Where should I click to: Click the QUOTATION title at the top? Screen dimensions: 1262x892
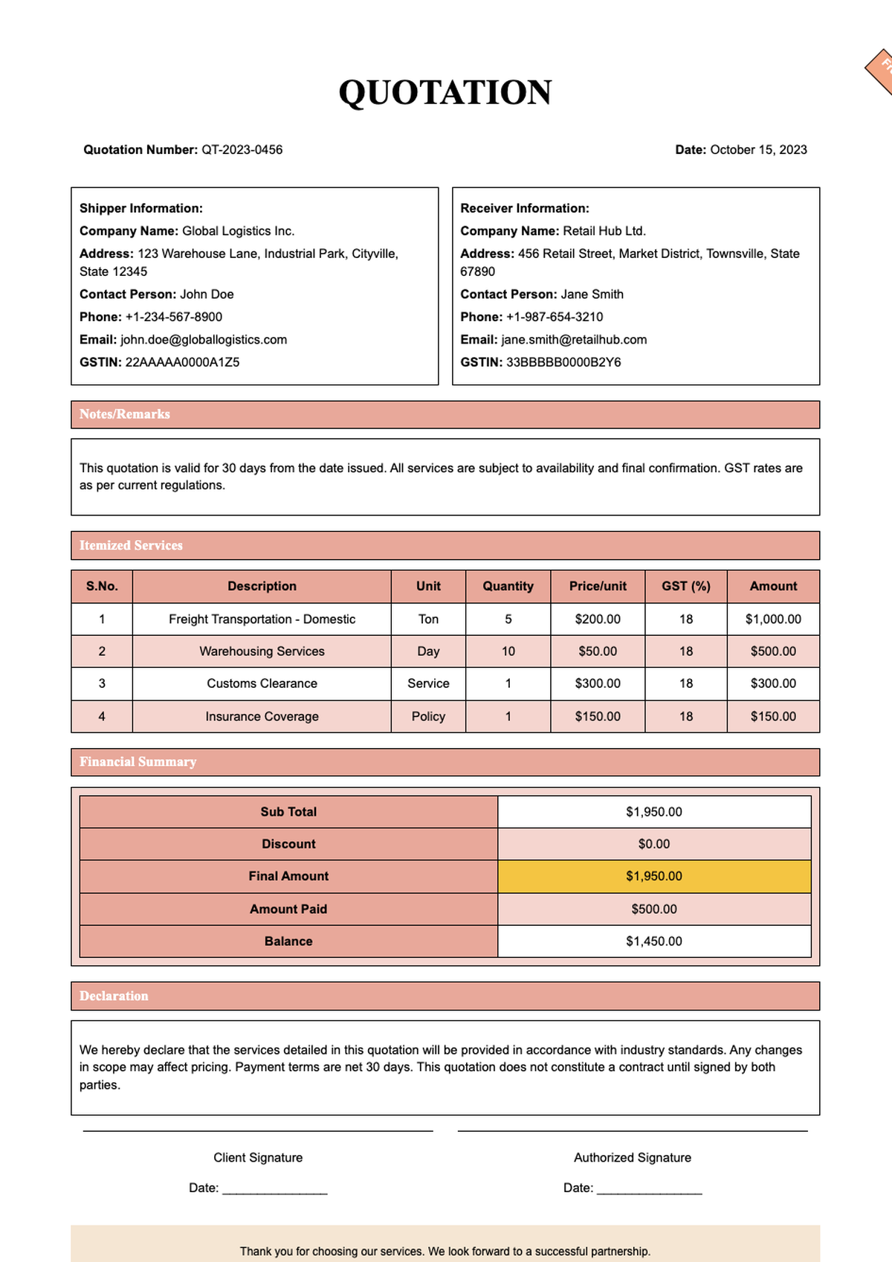[x=445, y=93]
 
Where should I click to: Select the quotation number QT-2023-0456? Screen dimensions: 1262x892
[x=242, y=149]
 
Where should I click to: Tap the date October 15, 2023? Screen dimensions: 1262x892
[x=758, y=149]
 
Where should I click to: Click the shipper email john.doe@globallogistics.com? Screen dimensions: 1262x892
[x=204, y=340]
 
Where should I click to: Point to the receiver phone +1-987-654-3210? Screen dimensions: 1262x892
[x=555, y=317]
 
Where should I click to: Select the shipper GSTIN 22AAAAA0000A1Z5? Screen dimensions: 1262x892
[x=182, y=362]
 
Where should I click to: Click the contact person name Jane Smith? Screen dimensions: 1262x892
[x=592, y=294]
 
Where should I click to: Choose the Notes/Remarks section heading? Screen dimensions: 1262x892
[x=125, y=414]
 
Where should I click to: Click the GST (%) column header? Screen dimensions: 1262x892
[x=685, y=586]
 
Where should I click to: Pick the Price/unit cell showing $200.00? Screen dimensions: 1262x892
[x=598, y=619]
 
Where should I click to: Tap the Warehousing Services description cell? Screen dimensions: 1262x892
[x=262, y=651]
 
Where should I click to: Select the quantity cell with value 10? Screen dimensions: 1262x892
[x=508, y=651]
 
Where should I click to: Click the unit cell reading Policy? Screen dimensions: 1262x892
[x=428, y=716]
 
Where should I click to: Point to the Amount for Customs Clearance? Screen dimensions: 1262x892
[x=773, y=683]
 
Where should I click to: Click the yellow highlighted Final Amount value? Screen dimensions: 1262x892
[x=653, y=876]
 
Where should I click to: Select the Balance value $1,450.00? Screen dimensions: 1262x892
[x=653, y=941]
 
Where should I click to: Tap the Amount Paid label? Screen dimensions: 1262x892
[x=288, y=909]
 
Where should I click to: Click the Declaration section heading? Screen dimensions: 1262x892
[x=114, y=996]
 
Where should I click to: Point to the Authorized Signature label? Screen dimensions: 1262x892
[x=632, y=1158]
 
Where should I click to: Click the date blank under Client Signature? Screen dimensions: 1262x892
[x=274, y=1188]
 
